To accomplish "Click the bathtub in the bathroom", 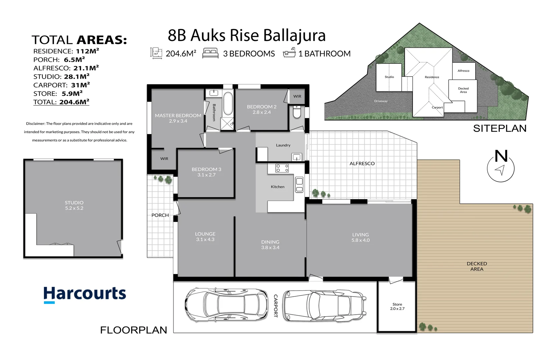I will pos(228,104).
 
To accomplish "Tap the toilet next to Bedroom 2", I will pos(297,112).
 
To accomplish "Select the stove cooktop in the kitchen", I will pos(282,168).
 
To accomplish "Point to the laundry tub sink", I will pos(296,157).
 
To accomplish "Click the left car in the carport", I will pos(226,305).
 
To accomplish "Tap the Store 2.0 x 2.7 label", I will pos(397,306).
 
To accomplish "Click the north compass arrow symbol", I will pos(500,170).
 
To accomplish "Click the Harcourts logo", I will pos(85,295).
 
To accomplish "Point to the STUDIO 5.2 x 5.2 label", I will pos(74,205).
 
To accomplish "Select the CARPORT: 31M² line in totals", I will pos(61,85).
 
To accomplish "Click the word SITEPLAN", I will pos(499,128).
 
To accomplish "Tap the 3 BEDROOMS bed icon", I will pos(210,53).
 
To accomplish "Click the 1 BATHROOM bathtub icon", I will pos(289,53).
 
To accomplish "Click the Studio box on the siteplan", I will pos(389,77).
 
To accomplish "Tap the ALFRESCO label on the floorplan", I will pos(362,163).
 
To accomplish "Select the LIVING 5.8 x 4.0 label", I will pos(360,237).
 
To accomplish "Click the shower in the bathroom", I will pos(227,124).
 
